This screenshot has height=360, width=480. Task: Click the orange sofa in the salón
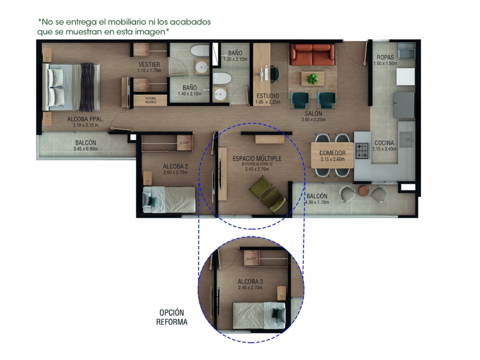312,55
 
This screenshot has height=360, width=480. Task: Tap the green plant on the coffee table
312,78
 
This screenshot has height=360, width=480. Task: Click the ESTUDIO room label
268,96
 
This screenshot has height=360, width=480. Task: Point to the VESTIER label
149,64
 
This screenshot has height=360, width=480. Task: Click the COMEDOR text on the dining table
332,153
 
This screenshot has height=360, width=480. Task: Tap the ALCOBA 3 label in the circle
250,282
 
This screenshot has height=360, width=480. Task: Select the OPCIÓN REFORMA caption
172,317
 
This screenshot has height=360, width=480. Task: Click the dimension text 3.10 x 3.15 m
85,125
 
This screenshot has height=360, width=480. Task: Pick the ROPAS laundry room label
385,57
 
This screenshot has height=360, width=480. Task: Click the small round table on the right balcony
363,191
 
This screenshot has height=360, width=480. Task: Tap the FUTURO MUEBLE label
151,100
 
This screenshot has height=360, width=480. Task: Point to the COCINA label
384,143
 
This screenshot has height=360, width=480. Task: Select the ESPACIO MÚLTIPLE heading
257,158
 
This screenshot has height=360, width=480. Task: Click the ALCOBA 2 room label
176,167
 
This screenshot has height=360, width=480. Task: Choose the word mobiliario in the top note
127,22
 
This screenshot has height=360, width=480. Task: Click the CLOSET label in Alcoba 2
184,143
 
